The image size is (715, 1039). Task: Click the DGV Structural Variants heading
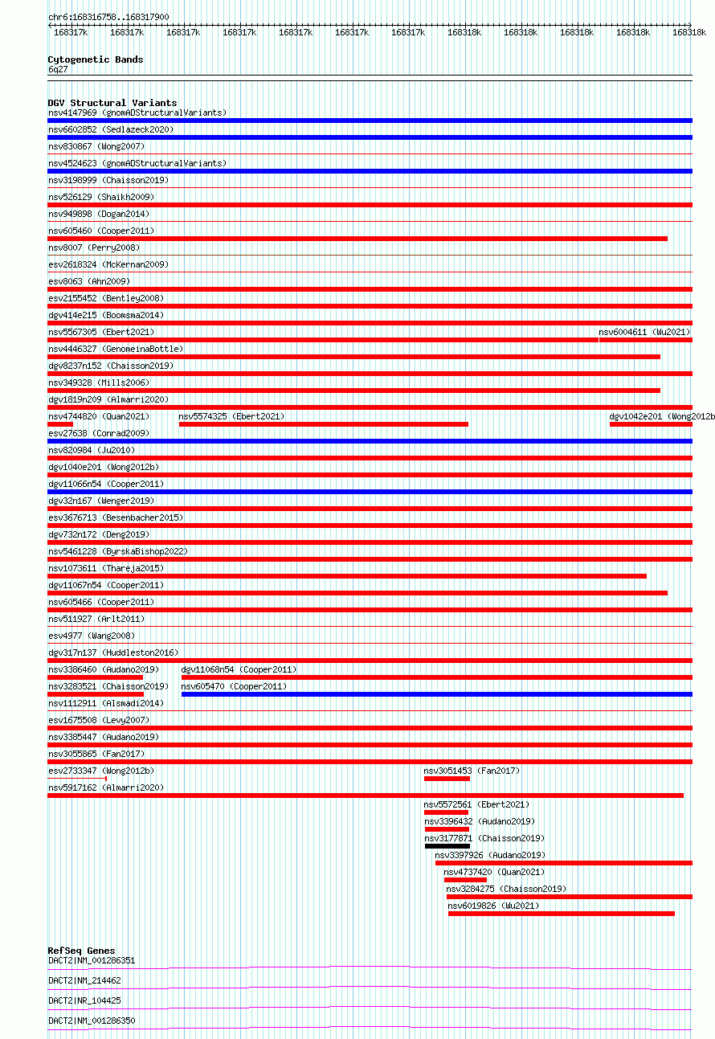(112, 103)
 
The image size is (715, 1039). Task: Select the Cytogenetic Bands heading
(95, 59)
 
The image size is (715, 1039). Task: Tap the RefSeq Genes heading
(81, 951)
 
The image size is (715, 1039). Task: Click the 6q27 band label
(58, 69)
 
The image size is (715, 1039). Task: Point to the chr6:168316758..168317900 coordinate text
(108, 17)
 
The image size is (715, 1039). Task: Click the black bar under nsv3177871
(447, 846)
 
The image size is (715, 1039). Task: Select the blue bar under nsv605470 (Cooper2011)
(436, 694)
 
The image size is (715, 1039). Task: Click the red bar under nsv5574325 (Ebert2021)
(323, 424)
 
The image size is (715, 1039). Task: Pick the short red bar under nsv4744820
(60, 424)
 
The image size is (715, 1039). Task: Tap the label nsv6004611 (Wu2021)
(643, 332)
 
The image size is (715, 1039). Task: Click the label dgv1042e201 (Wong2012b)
(661, 416)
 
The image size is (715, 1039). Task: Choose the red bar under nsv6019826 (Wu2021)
(561, 914)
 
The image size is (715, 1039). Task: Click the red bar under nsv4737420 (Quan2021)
(465, 880)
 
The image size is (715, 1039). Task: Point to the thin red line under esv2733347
(76, 779)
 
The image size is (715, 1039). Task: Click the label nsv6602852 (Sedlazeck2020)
(111, 129)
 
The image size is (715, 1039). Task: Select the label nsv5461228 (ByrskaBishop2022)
(117, 551)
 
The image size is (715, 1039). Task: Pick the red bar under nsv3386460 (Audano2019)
(95, 677)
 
